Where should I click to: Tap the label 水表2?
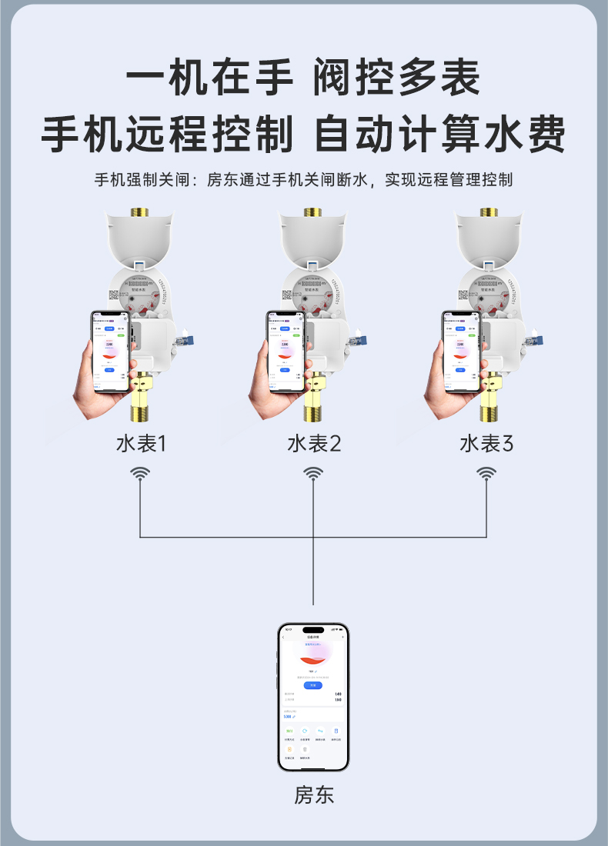(x=314, y=444)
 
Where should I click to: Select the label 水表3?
(x=486, y=444)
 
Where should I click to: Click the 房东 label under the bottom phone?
(x=314, y=794)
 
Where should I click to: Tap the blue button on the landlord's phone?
(x=312, y=684)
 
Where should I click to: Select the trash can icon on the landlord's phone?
(x=336, y=731)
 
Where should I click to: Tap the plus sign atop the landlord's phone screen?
(x=342, y=637)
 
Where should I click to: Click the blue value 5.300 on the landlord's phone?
(x=288, y=716)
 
